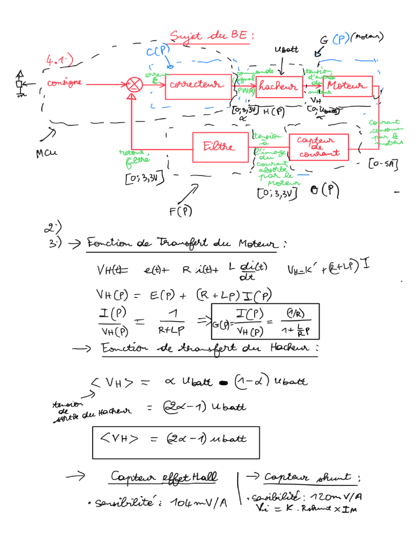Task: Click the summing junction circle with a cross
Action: point(132,85)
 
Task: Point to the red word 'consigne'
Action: point(64,83)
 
